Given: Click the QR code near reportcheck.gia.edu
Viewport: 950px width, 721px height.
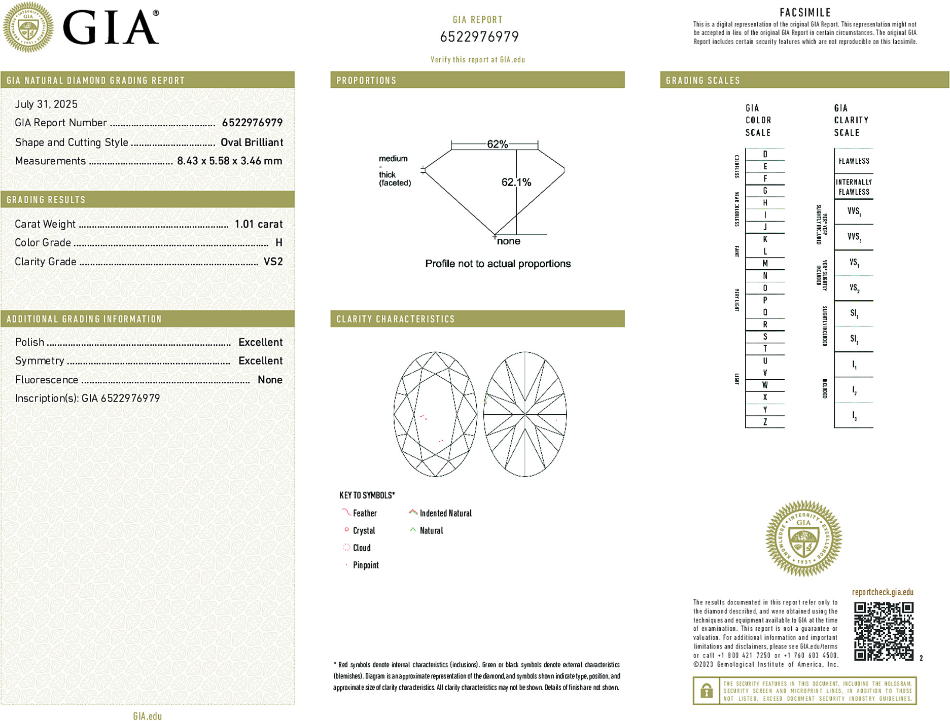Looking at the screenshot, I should coord(883,631).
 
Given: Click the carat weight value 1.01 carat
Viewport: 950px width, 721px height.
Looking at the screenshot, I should coord(258,224).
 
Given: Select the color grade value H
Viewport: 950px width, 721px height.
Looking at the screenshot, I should coord(278,243).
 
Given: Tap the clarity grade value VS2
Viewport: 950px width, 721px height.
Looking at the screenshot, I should coord(273,262).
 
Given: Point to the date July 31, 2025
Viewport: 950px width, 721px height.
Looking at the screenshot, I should coord(46,104).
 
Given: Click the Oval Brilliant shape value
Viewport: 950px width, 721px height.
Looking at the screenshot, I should coord(252,142).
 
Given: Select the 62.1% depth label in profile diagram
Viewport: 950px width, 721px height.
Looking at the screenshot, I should coord(516,182).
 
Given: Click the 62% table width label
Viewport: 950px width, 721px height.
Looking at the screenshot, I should coord(497,144).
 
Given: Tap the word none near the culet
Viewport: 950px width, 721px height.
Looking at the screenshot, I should coord(508,241).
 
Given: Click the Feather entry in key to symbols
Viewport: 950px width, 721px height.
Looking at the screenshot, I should coord(364,513).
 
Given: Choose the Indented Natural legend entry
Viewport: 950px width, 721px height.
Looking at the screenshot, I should coord(445,513).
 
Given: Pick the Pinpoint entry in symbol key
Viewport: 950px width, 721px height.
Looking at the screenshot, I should coord(365,565).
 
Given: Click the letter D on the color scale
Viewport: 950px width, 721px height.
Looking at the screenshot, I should coord(765,154).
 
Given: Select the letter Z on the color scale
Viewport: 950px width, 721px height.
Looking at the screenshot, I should coord(765,422).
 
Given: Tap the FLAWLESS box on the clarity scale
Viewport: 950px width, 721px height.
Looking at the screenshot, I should coord(854,161).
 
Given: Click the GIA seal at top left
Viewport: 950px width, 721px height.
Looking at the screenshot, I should coord(28,27).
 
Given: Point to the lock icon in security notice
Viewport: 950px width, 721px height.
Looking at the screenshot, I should coord(706,691).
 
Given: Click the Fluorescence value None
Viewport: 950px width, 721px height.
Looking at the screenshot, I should coord(270,380).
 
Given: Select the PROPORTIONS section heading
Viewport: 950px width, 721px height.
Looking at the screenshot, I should coord(366,81).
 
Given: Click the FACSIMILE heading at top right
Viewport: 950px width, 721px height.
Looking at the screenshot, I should coord(805,13).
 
